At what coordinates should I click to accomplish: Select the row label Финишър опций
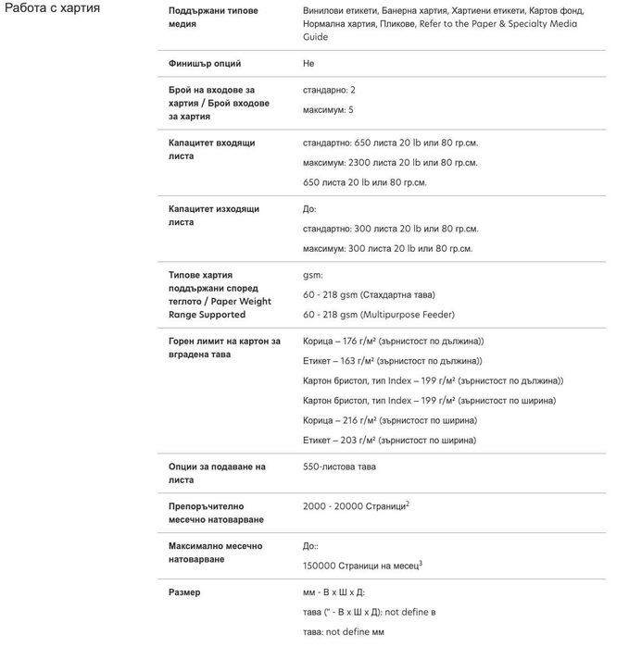(205, 64)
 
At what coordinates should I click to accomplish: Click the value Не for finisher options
(308, 64)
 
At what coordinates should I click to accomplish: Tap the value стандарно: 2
(329, 91)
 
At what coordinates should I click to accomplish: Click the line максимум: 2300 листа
(390, 163)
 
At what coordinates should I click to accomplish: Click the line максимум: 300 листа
(387, 248)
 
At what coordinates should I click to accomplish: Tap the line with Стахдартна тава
(369, 295)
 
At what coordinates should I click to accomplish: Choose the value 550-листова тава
(339, 467)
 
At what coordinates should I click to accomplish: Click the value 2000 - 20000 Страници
(356, 507)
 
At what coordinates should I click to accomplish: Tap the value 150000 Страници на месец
(362, 566)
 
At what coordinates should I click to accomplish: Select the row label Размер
(184, 592)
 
